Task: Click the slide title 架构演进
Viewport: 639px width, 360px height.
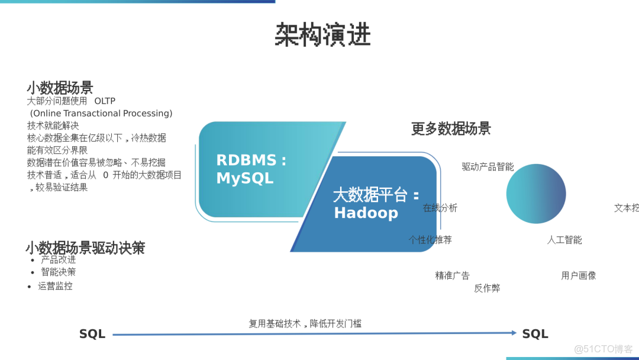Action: [322, 35]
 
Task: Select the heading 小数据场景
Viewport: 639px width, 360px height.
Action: [60, 88]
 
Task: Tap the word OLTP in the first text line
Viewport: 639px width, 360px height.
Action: [105, 101]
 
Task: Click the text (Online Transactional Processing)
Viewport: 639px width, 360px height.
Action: [101, 113]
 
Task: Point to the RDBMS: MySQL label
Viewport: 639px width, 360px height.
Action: [251, 169]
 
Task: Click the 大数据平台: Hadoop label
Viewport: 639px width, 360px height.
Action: [376, 204]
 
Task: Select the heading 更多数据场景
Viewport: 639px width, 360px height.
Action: [451, 128]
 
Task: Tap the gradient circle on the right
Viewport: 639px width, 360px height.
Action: [536, 194]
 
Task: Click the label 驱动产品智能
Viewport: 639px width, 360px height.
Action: [488, 167]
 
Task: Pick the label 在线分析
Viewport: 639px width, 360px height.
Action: [440, 208]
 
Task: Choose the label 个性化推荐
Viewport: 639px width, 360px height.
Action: [430, 240]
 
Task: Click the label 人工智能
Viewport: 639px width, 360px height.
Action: [564, 240]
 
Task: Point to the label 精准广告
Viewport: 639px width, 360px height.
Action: [452, 275]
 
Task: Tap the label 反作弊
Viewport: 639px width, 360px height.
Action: [486, 288]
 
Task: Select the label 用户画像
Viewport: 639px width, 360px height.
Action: [578, 275]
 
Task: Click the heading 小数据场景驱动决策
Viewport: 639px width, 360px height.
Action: [85, 247]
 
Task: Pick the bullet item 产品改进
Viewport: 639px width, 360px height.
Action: [58, 259]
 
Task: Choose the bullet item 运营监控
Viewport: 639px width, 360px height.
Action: [55, 286]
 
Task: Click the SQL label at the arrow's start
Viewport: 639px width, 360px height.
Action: [92, 335]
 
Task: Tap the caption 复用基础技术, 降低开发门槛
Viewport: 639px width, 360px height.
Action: [305, 324]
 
